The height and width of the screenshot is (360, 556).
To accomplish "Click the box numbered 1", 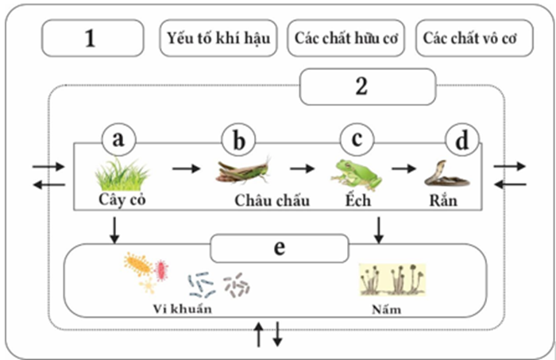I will coord(93,37).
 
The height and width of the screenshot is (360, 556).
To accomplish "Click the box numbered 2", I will coord(368,87).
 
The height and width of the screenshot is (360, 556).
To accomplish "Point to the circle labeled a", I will coord(119,141).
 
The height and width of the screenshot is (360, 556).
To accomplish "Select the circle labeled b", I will coord(238,141).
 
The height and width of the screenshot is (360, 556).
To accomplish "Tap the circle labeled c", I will coord(357,141).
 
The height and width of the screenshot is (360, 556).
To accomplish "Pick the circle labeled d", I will coord(462,141).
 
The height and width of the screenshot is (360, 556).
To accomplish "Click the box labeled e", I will coord(279,247).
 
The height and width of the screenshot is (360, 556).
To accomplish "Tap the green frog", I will coord(357,173).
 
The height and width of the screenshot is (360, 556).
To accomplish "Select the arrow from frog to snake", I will coord(403,168).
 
